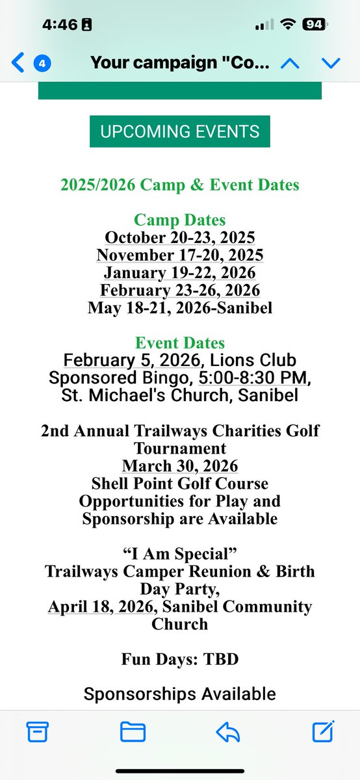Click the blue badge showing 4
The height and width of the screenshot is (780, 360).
42,64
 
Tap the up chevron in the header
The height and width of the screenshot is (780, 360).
289,63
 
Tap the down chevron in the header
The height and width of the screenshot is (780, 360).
331,63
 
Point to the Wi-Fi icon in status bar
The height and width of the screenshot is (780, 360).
287,25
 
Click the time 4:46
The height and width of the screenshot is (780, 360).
60,25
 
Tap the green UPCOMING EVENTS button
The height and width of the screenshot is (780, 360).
179,131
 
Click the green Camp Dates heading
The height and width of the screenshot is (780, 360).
179,220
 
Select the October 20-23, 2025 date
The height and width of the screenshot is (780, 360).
179,237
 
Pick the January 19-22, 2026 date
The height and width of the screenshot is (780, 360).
179,272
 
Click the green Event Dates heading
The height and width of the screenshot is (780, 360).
179,343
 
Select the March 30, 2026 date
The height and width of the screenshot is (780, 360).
179,466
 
